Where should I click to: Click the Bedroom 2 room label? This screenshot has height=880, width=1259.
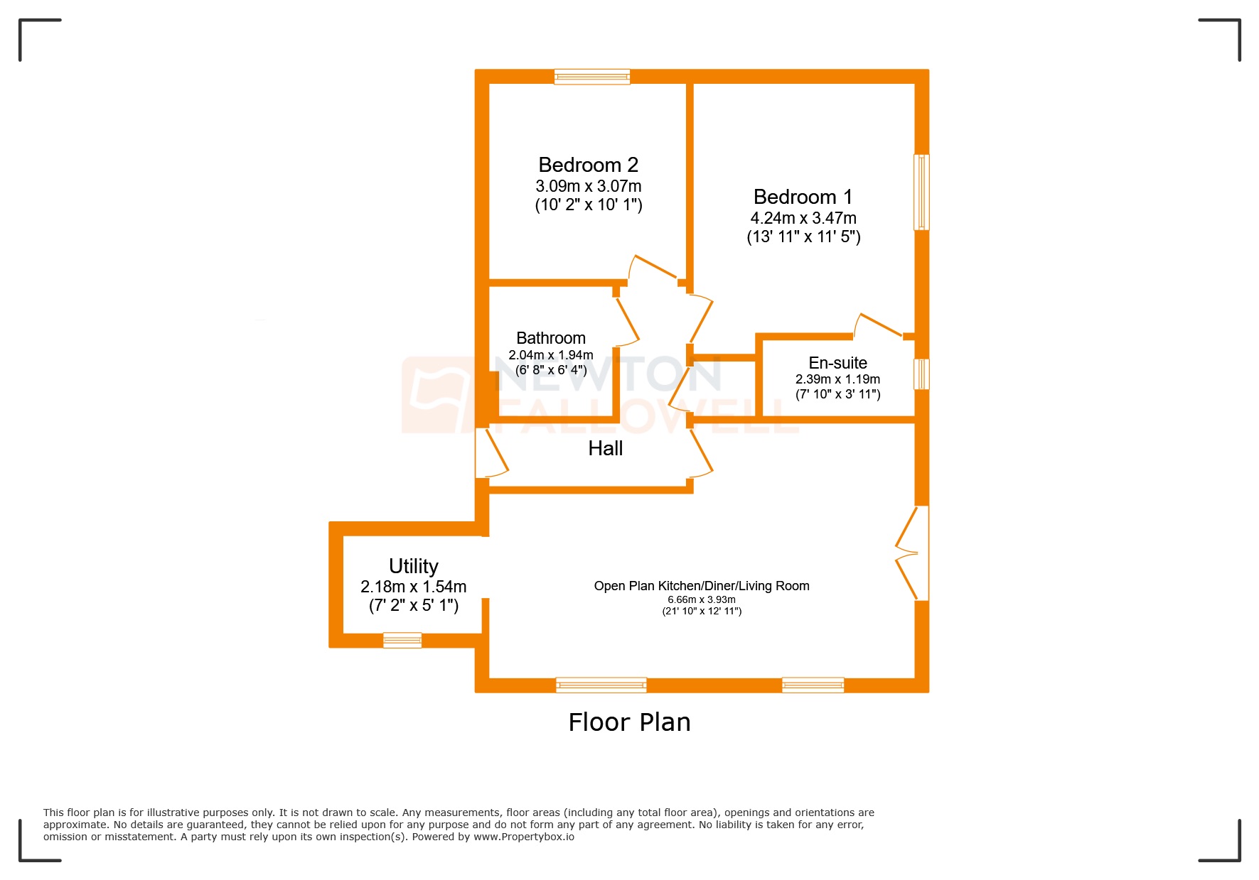tap(588, 165)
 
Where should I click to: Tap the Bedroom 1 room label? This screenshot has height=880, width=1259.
tap(803, 197)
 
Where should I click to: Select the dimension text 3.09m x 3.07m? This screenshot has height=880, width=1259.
tap(588, 186)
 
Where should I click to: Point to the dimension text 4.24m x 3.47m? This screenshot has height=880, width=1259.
tap(803, 218)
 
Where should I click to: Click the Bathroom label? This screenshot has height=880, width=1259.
tap(550, 338)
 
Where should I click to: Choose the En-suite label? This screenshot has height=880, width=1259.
tap(837, 363)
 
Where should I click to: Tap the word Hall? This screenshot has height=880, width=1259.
tap(605, 448)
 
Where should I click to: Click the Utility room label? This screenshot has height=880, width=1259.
tap(413, 566)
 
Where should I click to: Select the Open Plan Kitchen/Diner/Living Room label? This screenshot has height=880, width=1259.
tap(701, 586)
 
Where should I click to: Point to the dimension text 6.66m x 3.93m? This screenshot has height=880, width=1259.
tap(701, 599)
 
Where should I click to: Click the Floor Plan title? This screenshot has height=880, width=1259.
tap(629, 722)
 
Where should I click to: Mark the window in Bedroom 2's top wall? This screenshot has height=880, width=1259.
tap(591, 77)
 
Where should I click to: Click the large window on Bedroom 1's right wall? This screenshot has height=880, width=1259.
tap(921, 192)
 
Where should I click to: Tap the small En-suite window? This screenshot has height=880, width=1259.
tap(921, 374)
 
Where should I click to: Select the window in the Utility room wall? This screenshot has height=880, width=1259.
tap(402, 640)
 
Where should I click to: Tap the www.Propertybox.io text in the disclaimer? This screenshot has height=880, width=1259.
tap(523, 837)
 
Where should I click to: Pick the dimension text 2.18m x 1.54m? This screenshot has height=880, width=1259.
tap(413, 587)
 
